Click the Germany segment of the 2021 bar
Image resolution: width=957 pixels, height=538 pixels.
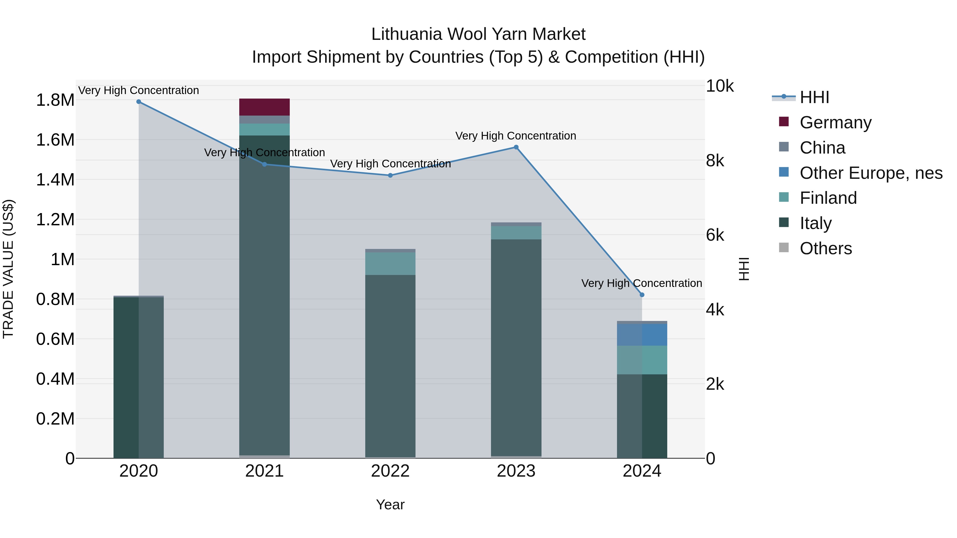pos(264,107)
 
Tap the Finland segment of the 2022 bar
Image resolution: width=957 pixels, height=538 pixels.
pos(390,264)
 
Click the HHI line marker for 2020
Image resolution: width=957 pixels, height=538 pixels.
pos(138,101)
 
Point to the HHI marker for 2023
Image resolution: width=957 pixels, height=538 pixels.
pos(516,147)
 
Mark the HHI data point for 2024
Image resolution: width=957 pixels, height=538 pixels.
pos(642,295)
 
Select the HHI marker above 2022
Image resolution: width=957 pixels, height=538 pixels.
pos(390,175)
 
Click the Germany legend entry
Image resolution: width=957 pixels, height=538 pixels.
pos(835,122)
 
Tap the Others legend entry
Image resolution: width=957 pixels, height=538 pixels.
pos(825,248)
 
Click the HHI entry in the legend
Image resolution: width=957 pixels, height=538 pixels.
pos(814,97)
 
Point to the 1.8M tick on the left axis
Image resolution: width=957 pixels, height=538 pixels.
pos(55,100)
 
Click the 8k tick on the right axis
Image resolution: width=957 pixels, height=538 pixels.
pos(715,161)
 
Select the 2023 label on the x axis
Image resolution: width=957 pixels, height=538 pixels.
pos(516,471)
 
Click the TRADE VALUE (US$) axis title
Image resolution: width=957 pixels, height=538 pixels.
pos(8,269)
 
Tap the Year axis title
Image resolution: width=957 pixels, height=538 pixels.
pos(390,505)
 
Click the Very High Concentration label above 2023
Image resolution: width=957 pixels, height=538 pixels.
pos(516,136)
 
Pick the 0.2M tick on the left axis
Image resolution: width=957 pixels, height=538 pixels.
pos(55,419)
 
